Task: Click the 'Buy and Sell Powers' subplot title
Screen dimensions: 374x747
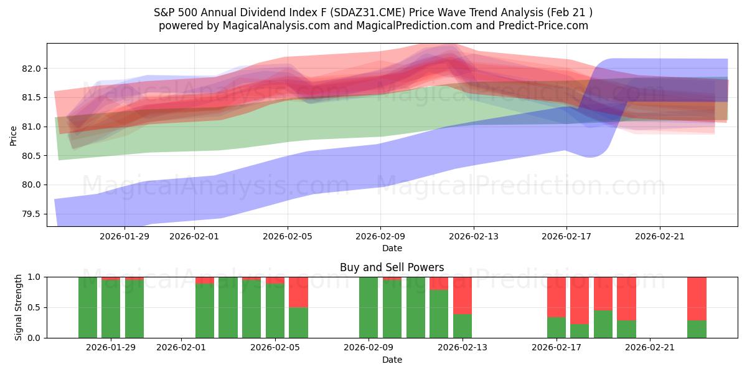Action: click(392, 267)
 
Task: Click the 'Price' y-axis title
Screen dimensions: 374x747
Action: click(13, 135)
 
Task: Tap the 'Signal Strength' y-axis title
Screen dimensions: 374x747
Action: click(19, 307)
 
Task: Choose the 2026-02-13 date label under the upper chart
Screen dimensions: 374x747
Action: click(474, 236)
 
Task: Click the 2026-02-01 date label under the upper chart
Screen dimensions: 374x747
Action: click(194, 236)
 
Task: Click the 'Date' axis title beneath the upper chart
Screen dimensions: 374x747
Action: click(392, 248)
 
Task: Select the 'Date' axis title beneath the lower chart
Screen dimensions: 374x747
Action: click(392, 360)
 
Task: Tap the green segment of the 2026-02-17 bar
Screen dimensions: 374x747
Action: click(557, 327)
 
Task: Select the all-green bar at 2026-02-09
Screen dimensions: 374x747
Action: click(369, 307)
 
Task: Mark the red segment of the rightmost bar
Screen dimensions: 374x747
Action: click(697, 298)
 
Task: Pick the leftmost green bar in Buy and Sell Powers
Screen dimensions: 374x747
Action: click(88, 307)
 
